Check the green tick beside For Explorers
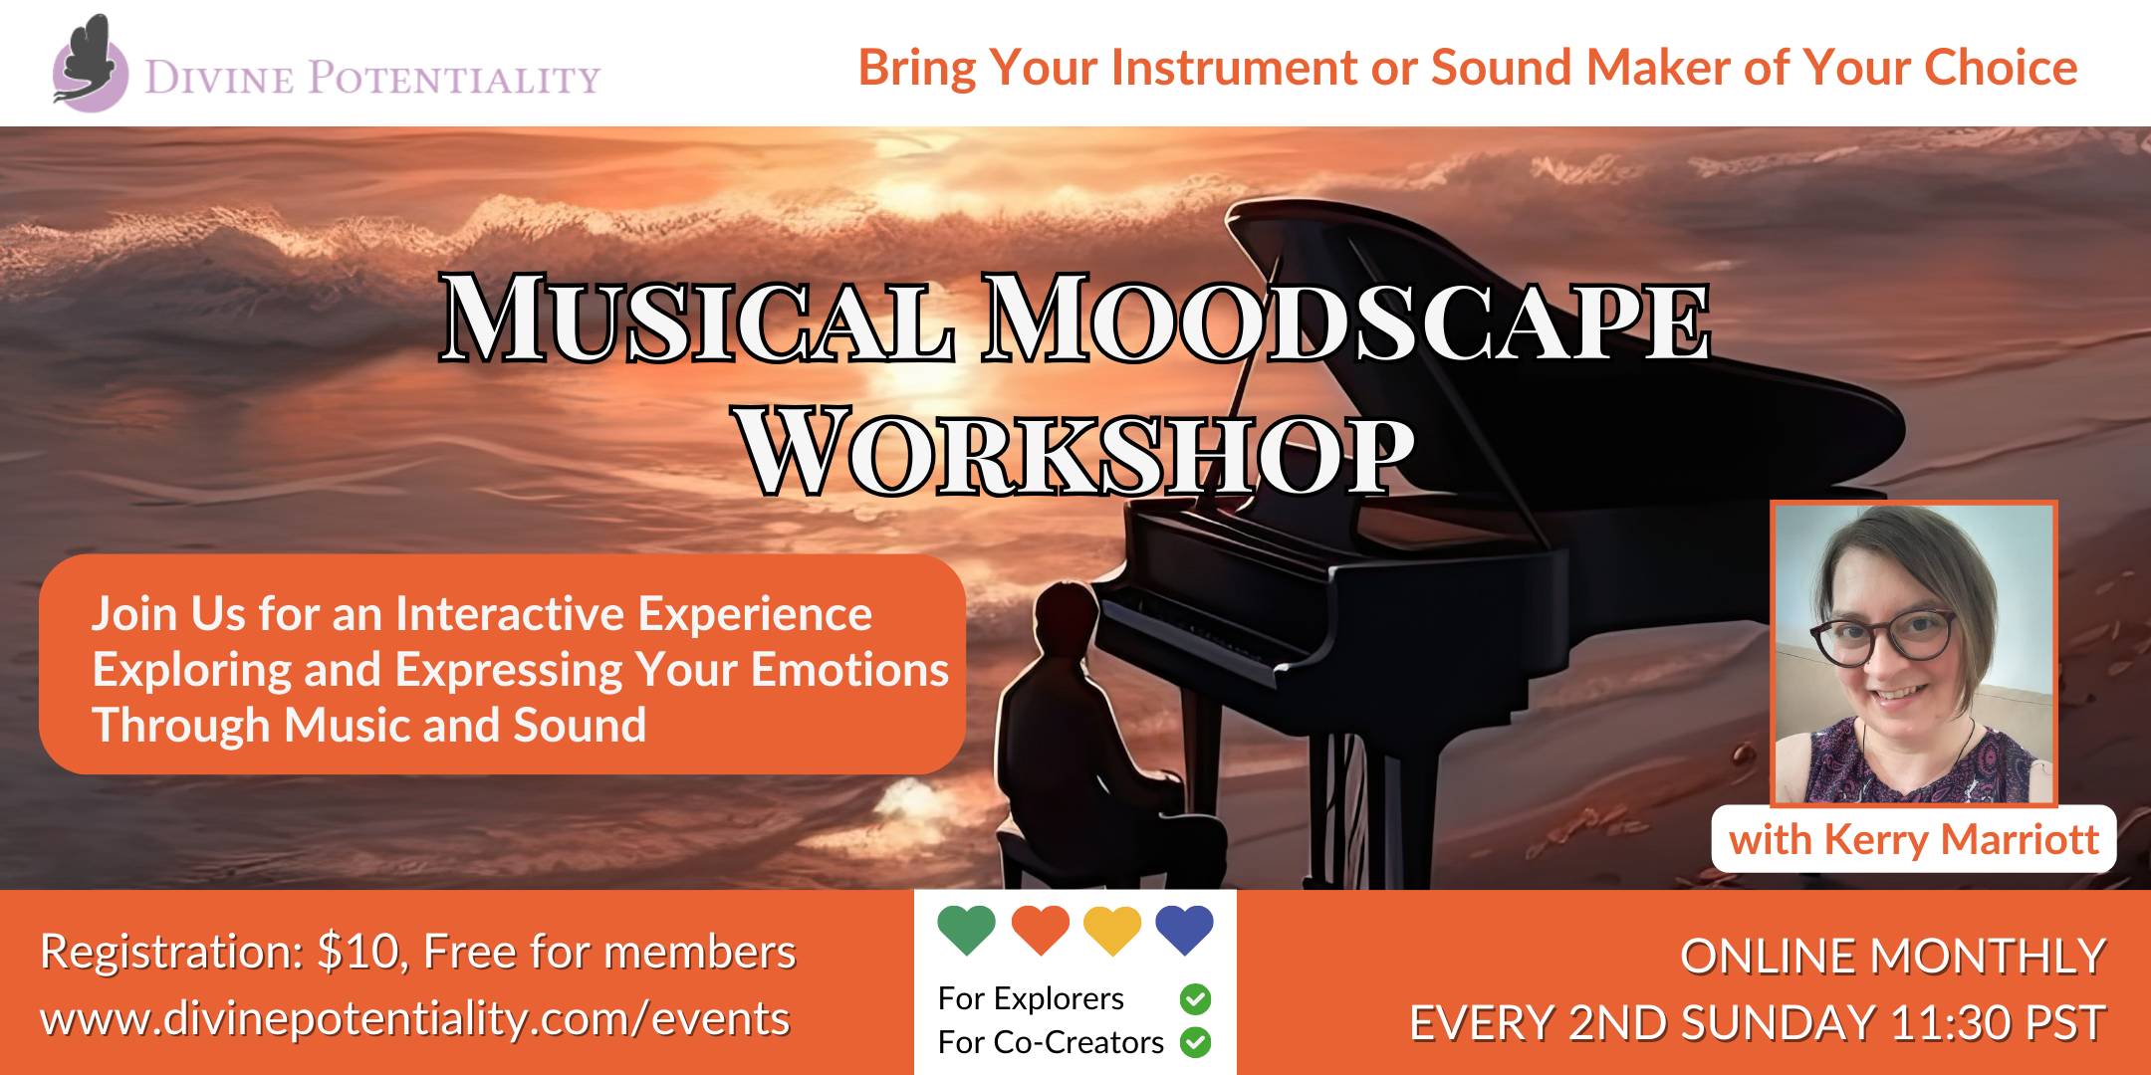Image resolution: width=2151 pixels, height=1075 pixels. pos(1195,998)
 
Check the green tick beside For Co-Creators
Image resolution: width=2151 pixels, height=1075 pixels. pos(1195,1042)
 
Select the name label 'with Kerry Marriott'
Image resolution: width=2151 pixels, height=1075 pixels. pos(1914,839)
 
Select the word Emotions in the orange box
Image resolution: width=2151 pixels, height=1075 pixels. pos(849,670)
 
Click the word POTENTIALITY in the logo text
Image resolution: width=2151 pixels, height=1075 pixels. pos(454,78)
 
